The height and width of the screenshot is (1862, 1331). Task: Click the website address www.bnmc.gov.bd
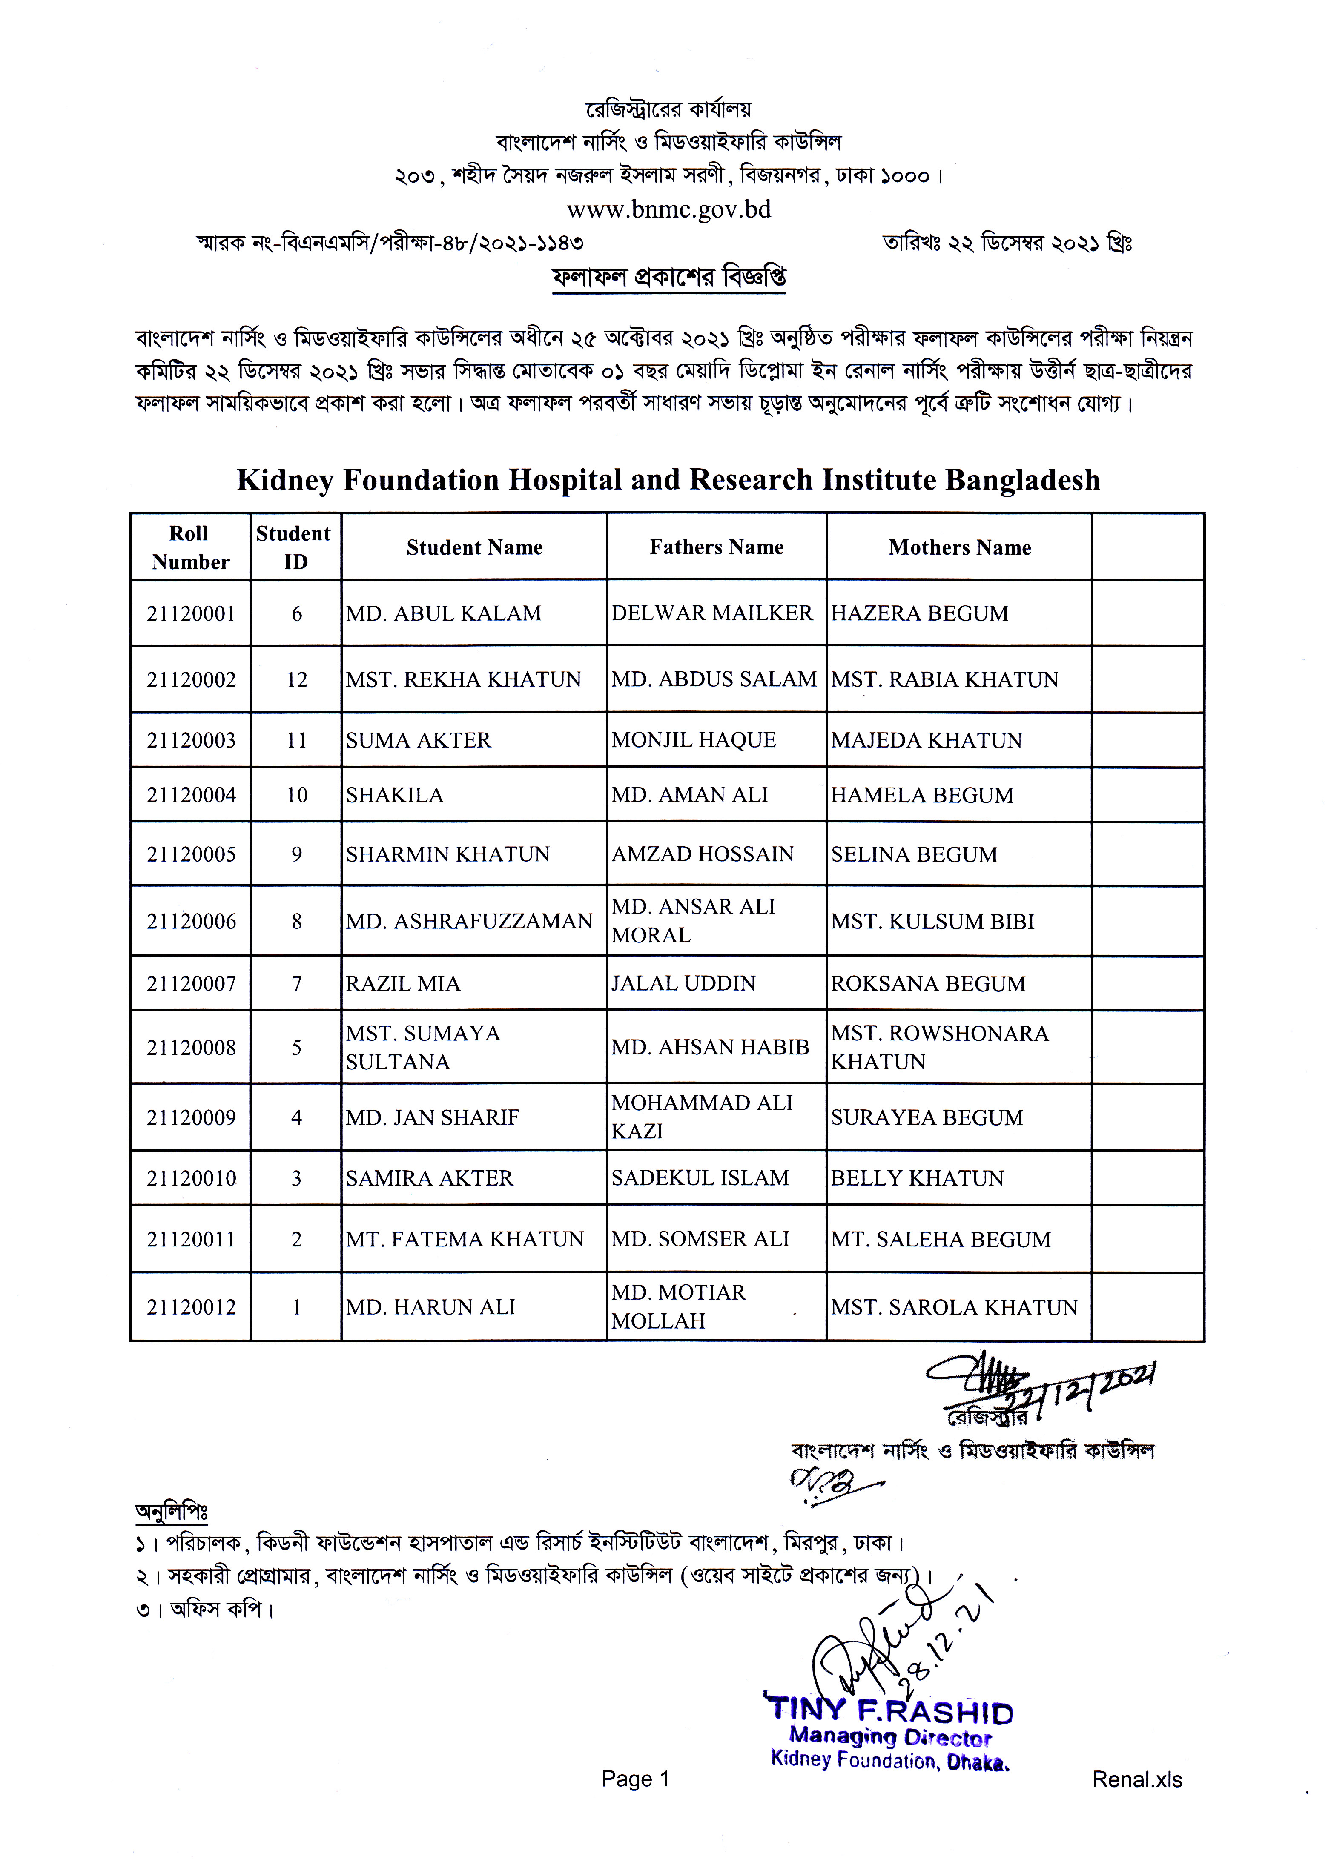[x=669, y=210]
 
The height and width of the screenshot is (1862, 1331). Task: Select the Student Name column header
[x=475, y=547]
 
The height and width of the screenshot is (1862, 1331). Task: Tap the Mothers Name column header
[x=959, y=547]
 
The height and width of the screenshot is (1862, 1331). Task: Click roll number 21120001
[x=191, y=613]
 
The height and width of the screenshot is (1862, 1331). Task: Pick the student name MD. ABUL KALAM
[x=443, y=613]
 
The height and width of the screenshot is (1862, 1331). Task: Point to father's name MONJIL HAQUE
[x=693, y=740]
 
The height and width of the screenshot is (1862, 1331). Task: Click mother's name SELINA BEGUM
[x=914, y=854]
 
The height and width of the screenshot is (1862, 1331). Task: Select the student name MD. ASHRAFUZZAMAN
[x=469, y=922]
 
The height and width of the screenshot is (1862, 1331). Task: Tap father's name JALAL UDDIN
[x=683, y=983]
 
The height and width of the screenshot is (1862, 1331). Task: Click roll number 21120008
[x=191, y=1048]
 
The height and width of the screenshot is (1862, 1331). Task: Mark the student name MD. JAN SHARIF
[x=433, y=1117]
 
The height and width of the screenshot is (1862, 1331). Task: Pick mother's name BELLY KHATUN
[x=917, y=1178]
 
